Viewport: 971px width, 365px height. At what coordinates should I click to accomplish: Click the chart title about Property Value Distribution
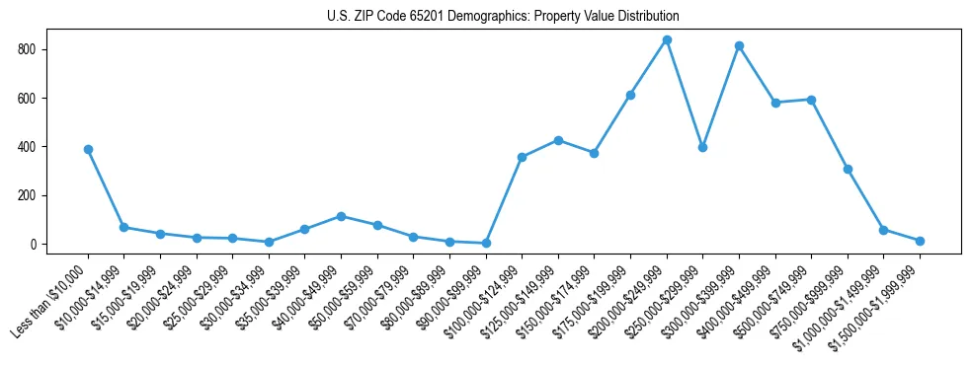pos(503,17)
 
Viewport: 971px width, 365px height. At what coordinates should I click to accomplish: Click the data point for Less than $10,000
pos(88,149)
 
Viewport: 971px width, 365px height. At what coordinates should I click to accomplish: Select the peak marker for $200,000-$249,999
pos(667,39)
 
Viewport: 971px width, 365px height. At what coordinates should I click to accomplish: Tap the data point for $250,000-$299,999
pos(702,147)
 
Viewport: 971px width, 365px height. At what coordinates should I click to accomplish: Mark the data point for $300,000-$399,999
pos(739,45)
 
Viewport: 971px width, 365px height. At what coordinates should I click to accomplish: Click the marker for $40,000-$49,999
pos(341,216)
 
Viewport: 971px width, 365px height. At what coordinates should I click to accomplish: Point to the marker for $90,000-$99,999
pos(486,243)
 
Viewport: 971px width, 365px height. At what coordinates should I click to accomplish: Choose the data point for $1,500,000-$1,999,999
pos(920,241)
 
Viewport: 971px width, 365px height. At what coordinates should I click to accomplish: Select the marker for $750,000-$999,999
pos(848,169)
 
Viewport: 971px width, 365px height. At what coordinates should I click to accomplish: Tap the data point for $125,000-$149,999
pos(558,140)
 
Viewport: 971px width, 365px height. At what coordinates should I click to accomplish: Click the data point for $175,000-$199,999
pos(630,95)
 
